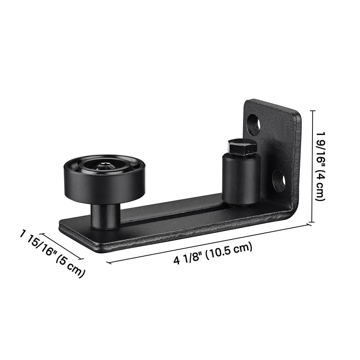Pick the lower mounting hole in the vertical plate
279,181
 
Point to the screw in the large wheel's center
104,166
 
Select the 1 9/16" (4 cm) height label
321,166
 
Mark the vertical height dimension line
312,166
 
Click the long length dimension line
209,243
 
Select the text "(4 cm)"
321,187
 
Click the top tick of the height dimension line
312,111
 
